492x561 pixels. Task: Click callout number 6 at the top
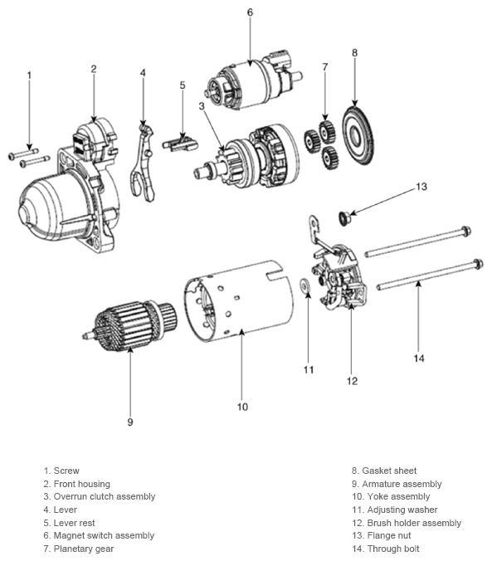[250, 12]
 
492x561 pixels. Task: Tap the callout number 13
[421, 187]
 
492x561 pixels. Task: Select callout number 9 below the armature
[130, 422]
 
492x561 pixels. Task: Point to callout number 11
[308, 369]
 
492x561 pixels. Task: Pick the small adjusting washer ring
[306, 287]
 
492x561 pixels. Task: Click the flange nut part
[342, 217]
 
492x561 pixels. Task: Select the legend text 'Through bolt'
[397, 549]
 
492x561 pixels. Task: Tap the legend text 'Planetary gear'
[83, 549]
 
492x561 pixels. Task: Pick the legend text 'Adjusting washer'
[399, 510]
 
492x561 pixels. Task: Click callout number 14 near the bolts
[419, 358]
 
